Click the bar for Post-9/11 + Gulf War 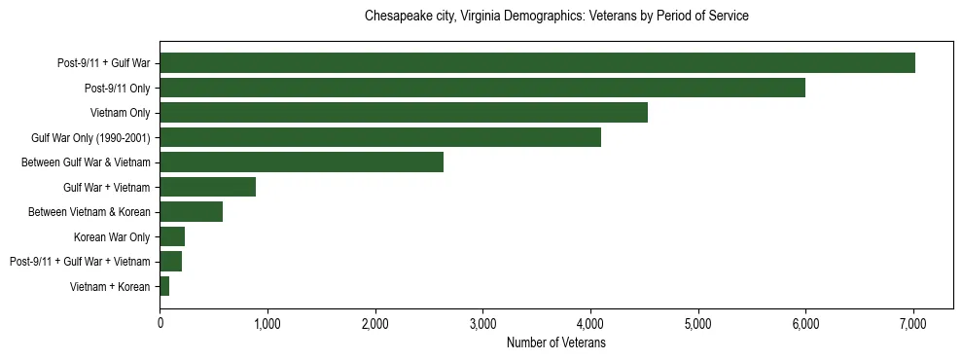pos(537,63)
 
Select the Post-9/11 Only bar pos(482,88)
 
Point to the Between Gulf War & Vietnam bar pos(302,162)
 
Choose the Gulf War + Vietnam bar pos(208,187)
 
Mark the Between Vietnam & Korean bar pos(192,212)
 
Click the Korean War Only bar pos(173,236)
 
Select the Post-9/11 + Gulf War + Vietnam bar pos(171,262)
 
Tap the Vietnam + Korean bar pos(165,286)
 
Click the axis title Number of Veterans pos(556,342)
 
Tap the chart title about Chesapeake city pos(556,17)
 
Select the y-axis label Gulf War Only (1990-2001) pos(90,138)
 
